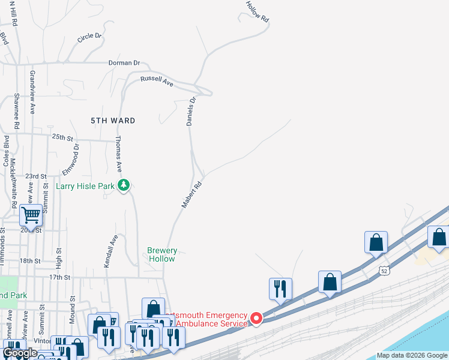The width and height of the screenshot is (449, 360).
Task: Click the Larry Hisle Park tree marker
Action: (x=124, y=185)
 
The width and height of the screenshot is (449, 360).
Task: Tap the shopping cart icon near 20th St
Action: (x=30, y=214)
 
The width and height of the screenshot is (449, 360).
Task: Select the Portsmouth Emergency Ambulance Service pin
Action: (x=256, y=318)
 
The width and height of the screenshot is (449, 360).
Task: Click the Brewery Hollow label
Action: (x=162, y=254)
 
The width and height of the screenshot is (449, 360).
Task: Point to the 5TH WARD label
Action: (x=113, y=121)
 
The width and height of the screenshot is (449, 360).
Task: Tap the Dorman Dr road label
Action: (x=124, y=62)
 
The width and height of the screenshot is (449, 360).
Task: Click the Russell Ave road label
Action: (x=157, y=82)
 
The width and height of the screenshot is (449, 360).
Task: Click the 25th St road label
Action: (x=62, y=137)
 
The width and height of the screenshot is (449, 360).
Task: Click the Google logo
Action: (x=20, y=353)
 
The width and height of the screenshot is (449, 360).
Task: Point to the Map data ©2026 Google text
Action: (x=412, y=355)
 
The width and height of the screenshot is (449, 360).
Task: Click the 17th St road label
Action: (x=59, y=277)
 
